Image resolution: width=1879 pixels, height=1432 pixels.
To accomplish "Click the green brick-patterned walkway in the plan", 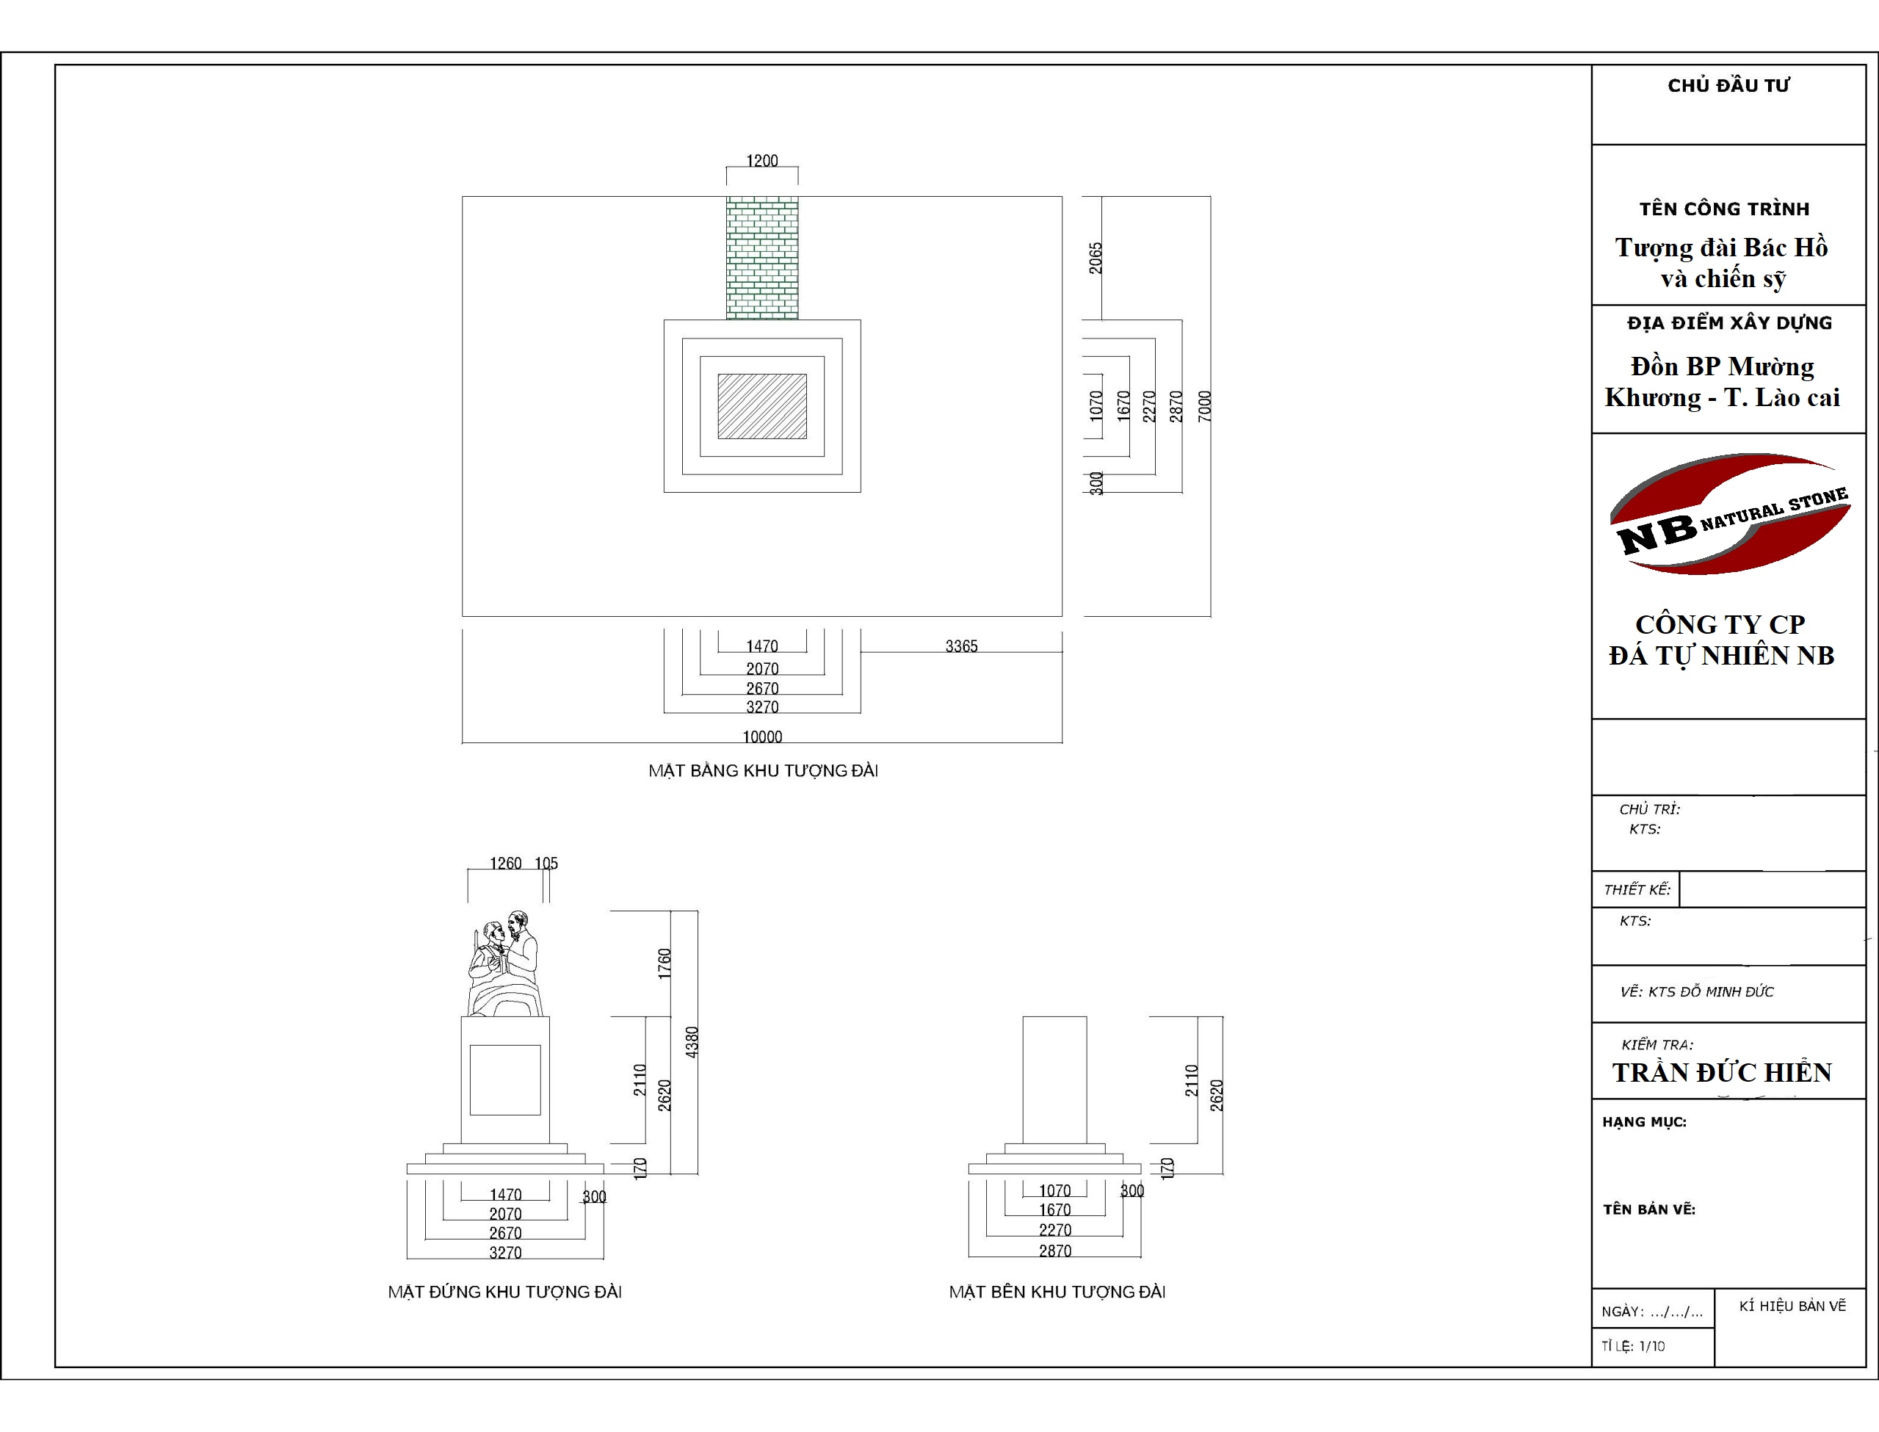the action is click(x=762, y=258).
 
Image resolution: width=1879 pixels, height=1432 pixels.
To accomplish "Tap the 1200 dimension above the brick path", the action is click(x=762, y=160).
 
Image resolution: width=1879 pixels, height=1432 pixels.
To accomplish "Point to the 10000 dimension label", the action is click(x=762, y=737).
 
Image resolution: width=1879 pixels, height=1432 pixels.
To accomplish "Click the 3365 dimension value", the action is click(x=961, y=646).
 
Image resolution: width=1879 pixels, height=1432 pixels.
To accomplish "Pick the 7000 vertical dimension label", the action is click(x=1204, y=405).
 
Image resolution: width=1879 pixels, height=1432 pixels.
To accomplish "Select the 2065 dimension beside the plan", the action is click(x=1095, y=258).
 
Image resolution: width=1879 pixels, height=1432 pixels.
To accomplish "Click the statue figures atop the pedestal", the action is click(x=505, y=963).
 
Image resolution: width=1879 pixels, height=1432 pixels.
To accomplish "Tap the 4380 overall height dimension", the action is click(x=692, y=1043).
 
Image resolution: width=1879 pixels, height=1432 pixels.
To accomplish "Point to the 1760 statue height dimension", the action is click(x=665, y=963).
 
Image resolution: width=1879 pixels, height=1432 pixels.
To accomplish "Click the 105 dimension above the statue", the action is click(x=546, y=864).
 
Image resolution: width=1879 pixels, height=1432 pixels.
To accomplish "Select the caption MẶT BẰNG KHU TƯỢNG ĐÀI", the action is click(x=763, y=770).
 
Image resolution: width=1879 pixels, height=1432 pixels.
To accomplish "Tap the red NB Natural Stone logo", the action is click(x=1729, y=514).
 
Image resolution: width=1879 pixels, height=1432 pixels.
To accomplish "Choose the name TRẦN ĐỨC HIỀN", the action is click(x=1721, y=1072).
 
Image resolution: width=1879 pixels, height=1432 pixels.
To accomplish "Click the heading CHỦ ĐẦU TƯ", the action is click(x=1728, y=85).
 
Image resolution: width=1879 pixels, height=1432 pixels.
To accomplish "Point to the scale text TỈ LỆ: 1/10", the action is click(x=1633, y=1346).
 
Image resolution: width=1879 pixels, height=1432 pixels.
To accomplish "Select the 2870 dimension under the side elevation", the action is click(x=1055, y=1251).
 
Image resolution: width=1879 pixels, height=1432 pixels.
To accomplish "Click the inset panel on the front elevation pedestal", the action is click(x=505, y=1079).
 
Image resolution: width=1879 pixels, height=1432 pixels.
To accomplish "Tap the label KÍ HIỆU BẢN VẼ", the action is click(x=1793, y=1306).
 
